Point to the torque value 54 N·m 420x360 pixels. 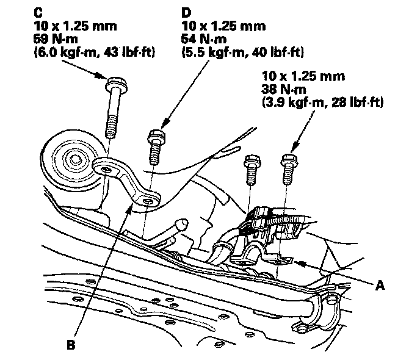coord(204,39)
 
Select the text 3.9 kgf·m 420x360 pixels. coord(287,103)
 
